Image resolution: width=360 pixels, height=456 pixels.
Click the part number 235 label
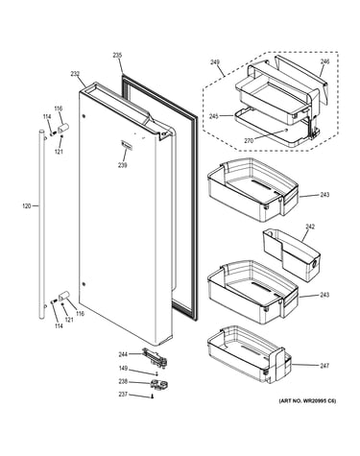[117, 56]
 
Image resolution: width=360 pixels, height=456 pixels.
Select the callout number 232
[75, 74]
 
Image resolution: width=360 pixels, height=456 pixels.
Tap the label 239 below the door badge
[122, 165]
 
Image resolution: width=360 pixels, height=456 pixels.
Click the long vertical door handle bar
[41, 224]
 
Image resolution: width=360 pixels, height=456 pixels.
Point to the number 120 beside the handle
[27, 206]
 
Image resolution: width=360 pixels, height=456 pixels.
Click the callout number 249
[215, 61]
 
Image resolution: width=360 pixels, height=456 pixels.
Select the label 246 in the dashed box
[324, 61]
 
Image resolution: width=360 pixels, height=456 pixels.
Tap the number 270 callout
[249, 140]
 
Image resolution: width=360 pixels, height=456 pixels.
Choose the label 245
[214, 116]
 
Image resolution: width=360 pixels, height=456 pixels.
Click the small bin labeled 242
[291, 255]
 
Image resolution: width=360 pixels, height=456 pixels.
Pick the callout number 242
[310, 227]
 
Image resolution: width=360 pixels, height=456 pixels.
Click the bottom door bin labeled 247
[250, 354]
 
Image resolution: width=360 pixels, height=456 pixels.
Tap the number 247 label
[324, 366]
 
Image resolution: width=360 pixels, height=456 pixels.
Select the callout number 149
[123, 369]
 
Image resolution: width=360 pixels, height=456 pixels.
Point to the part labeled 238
[158, 384]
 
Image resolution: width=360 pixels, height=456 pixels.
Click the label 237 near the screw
[123, 395]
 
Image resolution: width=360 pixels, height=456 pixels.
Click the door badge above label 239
[127, 145]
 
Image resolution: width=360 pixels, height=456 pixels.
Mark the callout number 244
[123, 354]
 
